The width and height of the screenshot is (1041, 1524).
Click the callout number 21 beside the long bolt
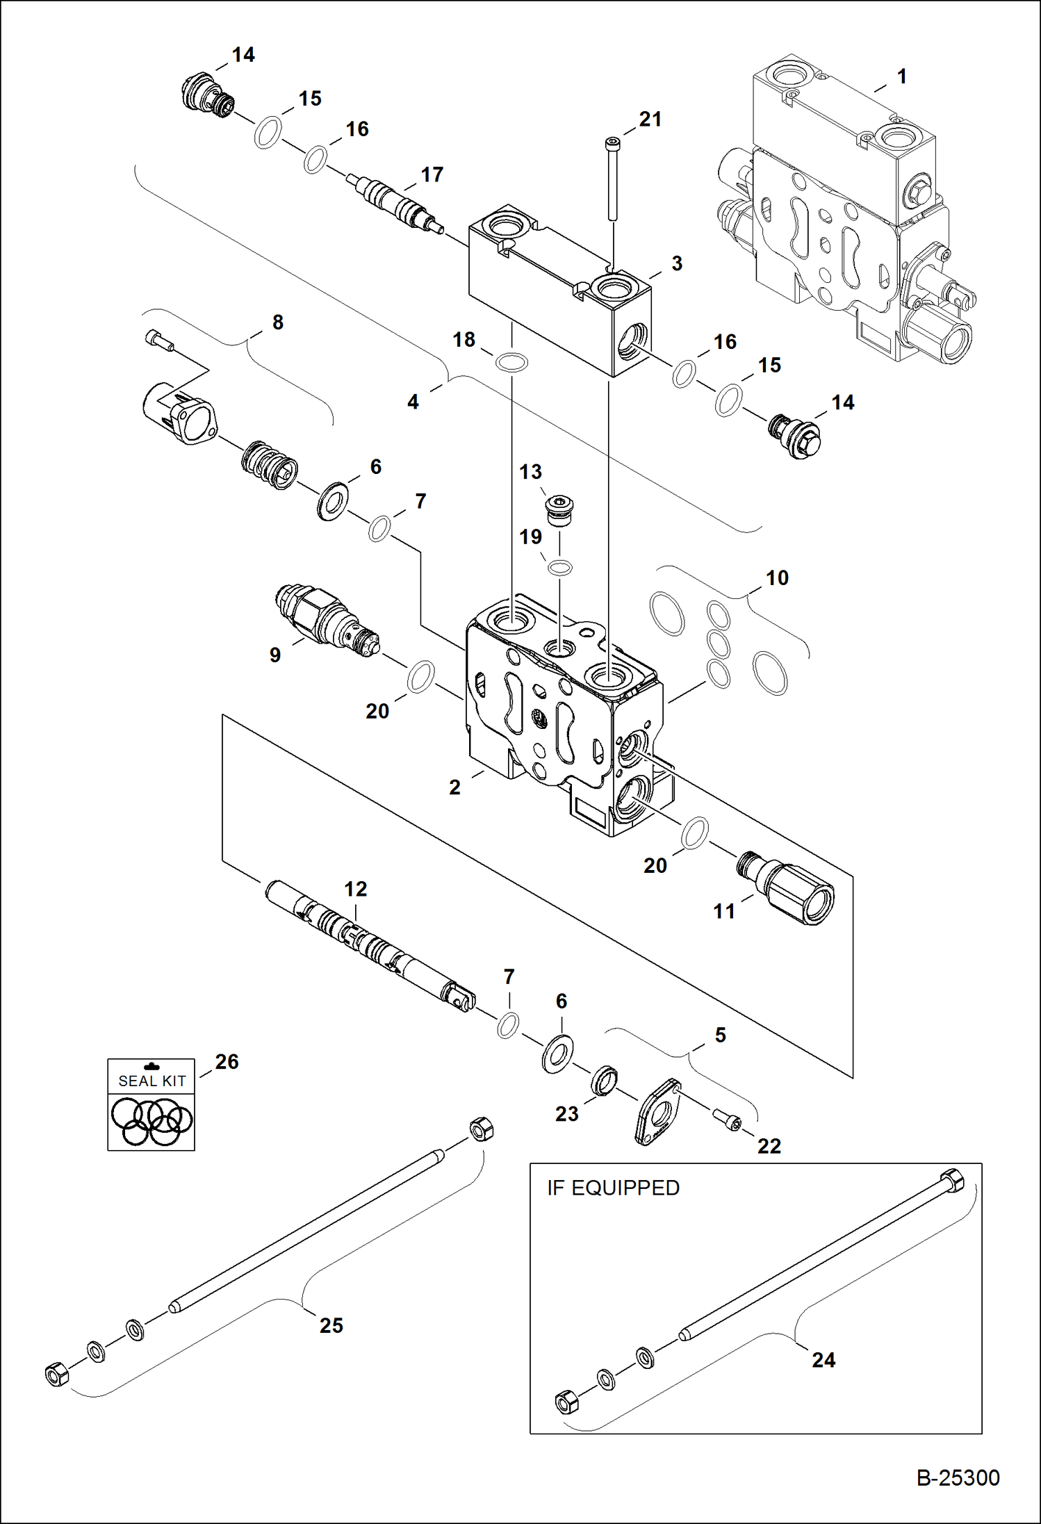[x=650, y=120]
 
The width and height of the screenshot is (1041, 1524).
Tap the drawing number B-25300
[x=958, y=1477]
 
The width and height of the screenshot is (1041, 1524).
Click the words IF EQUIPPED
[x=613, y=1188]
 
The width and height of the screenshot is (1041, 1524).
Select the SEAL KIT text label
[x=151, y=1081]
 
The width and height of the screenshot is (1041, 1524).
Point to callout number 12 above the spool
[x=355, y=889]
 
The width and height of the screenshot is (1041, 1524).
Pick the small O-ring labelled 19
[x=560, y=568]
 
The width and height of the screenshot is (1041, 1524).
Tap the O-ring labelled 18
[x=512, y=362]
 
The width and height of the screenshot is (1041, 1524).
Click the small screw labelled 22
[x=728, y=1119]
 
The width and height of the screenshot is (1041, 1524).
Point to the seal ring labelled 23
[x=604, y=1081]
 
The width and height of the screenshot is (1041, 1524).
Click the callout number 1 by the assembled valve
[x=901, y=76]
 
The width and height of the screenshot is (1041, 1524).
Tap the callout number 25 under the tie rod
[x=331, y=1325]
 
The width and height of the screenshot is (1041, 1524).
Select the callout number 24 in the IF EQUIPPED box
[x=823, y=1359]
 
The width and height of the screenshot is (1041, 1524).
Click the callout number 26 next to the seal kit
[x=227, y=1062]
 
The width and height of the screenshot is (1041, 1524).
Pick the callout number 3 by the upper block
[x=676, y=263]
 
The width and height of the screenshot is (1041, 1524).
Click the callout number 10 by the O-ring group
[x=777, y=578]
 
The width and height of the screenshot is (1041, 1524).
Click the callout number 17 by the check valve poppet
[x=432, y=175]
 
